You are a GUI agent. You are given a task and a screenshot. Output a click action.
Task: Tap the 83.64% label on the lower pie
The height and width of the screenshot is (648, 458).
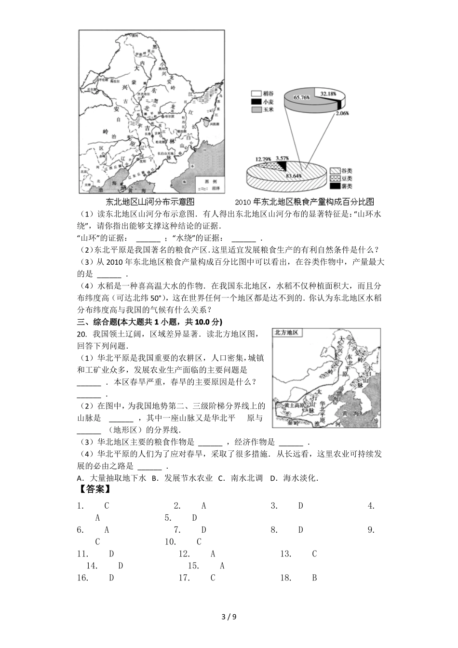point(294,176)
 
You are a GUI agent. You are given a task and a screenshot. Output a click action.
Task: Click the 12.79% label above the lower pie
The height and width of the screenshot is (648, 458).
point(263,159)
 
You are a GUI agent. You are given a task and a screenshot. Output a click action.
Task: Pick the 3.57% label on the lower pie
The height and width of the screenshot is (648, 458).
point(282,158)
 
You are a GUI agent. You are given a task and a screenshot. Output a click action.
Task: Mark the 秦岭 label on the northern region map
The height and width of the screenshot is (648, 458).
point(294,423)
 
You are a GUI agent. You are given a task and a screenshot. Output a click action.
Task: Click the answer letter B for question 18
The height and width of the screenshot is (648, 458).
point(314,578)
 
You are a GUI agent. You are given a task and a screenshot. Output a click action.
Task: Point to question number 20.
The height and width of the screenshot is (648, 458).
point(81,334)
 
